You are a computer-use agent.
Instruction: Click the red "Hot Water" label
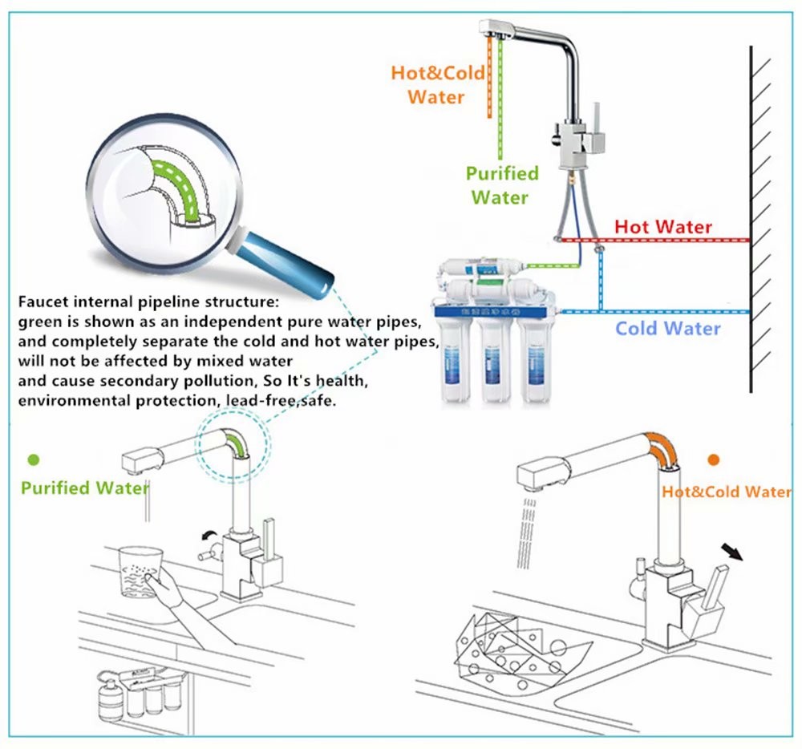coord(662,227)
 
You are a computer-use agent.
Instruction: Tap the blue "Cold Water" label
coord(667,328)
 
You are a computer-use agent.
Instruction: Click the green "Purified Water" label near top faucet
coord(501,185)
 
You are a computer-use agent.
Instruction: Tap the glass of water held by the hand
coord(137,571)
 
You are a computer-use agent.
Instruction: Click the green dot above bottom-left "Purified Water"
coord(34,460)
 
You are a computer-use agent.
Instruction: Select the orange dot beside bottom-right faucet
coord(713,460)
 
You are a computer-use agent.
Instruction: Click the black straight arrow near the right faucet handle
coord(731,553)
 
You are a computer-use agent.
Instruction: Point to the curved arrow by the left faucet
coord(210,535)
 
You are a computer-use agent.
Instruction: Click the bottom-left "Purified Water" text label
coord(85,488)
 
